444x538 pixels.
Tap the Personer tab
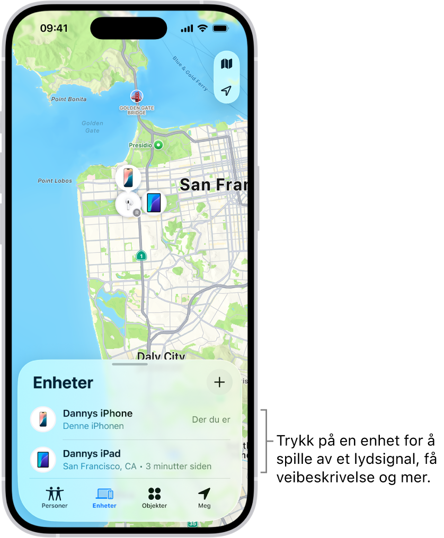point(55,498)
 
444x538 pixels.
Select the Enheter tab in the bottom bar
point(104,498)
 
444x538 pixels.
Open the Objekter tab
point(154,498)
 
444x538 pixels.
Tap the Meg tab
point(204,498)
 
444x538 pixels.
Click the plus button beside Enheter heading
point(219,382)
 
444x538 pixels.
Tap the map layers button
point(227,64)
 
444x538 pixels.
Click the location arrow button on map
point(227,91)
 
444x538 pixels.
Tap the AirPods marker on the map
point(128,204)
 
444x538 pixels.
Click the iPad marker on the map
point(154,203)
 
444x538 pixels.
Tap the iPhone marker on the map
point(128,177)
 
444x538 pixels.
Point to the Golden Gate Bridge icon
point(137,96)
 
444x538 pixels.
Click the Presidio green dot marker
point(158,145)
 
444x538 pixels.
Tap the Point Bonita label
point(69,99)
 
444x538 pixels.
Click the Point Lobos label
point(55,181)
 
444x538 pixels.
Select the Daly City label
point(161,356)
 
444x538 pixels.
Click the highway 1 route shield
point(141,256)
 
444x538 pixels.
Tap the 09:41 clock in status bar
point(54,28)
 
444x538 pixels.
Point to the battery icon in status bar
point(220,28)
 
